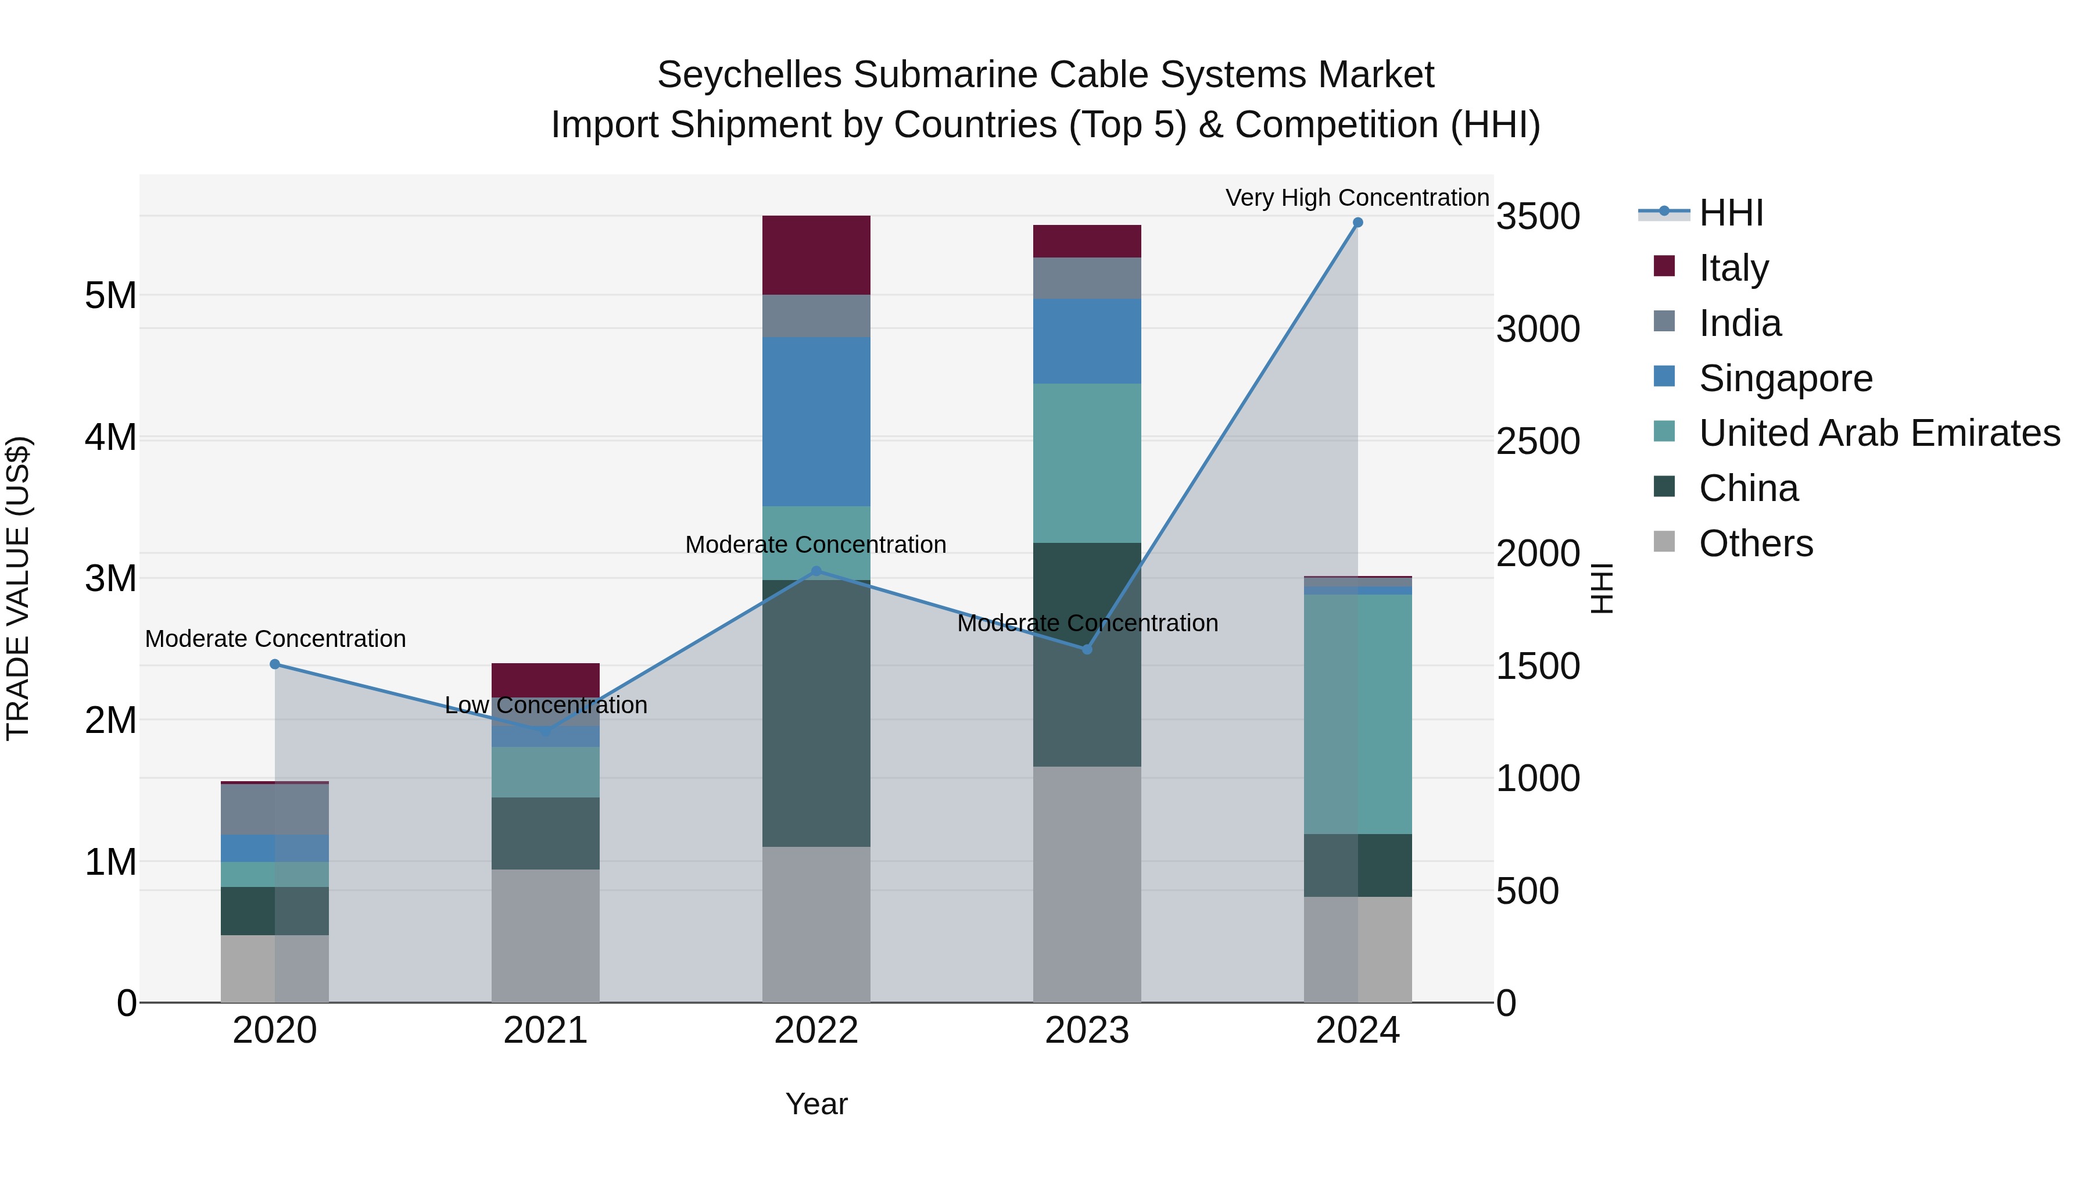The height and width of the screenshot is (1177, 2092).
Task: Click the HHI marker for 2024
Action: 1358,223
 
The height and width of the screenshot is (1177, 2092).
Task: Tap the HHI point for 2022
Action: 816,571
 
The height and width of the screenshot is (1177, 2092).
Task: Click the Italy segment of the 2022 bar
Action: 816,255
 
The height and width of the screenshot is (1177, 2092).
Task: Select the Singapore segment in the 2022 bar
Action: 816,421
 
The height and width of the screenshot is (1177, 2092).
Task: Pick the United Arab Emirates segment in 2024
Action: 1358,713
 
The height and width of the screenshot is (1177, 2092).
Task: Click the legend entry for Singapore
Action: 1785,378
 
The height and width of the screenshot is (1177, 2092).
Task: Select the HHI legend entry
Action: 1730,213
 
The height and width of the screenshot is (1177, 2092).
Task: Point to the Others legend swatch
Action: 1664,542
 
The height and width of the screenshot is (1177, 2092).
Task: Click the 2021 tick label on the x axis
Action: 546,1031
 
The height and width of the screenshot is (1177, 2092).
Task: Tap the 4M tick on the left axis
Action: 110,437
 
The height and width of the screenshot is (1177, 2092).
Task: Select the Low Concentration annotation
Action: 546,705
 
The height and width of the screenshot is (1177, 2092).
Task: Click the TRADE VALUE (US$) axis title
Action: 18,588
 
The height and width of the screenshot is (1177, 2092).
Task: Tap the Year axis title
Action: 816,1104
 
